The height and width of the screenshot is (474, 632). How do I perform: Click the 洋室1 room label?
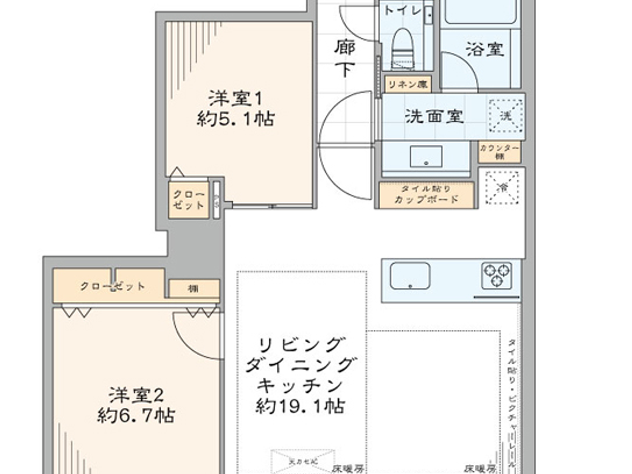235,98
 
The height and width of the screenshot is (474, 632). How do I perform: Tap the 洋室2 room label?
136,395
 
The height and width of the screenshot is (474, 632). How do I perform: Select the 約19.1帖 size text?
300,406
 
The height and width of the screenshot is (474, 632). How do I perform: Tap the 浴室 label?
485,49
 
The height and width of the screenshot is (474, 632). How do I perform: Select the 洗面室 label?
434,116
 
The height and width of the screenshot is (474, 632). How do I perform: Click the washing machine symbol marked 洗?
506,116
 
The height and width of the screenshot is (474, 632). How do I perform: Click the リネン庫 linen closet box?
408,84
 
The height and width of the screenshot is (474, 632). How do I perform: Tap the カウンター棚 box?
499,152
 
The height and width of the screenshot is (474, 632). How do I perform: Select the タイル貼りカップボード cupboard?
426,195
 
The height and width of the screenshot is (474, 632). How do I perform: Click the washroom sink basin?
426,156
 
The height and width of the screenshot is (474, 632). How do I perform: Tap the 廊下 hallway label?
345,58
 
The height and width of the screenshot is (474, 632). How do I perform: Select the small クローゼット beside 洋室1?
189,200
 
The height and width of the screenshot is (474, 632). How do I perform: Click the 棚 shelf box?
194,288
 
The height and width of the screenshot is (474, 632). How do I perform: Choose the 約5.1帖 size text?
235,119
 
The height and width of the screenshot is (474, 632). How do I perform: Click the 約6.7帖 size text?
136,415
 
